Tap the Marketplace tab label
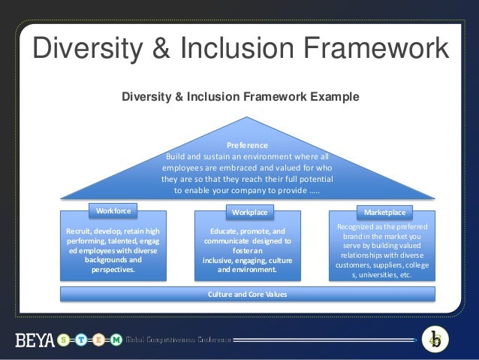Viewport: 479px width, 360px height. [384, 213]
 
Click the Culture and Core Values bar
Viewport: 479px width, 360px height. [247, 293]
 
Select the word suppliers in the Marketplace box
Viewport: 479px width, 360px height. [389, 265]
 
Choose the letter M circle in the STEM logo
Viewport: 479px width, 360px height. [116, 339]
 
